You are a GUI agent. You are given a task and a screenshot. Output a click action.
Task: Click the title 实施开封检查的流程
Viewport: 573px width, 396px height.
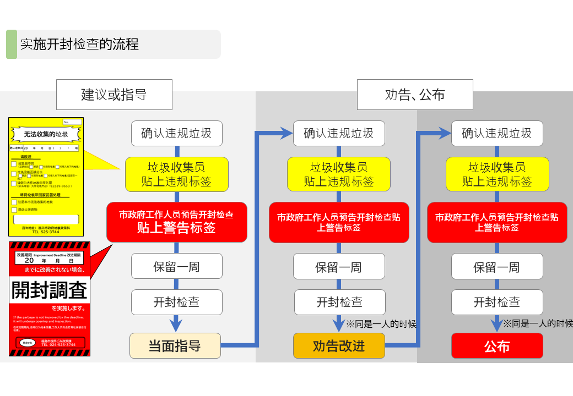[x=79, y=45]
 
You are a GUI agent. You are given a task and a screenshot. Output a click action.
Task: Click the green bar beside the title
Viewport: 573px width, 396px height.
[x=11, y=45]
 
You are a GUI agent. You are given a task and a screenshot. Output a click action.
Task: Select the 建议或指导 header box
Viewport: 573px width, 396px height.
[x=114, y=95]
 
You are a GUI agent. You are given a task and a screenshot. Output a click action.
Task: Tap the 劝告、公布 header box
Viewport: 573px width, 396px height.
[x=415, y=95]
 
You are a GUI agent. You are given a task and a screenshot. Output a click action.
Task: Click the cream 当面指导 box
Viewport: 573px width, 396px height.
[x=175, y=346]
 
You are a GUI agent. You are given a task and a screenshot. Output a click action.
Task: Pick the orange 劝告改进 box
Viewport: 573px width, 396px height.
[x=339, y=346]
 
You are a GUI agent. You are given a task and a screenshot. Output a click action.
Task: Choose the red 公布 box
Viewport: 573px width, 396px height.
[x=497, y=346]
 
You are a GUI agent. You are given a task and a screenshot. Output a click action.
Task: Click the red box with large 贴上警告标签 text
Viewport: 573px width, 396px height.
[x=176, y=222]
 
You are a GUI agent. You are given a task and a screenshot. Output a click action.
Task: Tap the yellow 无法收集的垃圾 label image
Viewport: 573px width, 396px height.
[x=46, y=171]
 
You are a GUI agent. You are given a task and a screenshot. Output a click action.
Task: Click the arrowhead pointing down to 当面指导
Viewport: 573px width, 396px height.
[x=176, y=324]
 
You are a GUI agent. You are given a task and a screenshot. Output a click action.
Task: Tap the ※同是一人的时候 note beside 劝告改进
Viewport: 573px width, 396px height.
[x=381, y=324]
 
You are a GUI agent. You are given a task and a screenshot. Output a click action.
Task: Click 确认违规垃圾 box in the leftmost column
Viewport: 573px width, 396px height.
[x=176, y=134]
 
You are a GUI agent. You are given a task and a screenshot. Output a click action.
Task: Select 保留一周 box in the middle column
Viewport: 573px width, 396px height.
[x=338, y=267]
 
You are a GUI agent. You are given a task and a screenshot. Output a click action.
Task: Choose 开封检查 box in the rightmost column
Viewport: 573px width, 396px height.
[x=496, y=302]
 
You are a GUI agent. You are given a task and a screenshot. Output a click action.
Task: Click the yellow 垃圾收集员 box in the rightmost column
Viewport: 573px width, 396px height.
[x=497, y=174]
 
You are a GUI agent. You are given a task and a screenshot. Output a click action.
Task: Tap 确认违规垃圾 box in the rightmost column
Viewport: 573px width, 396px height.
[x=496, y=134]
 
